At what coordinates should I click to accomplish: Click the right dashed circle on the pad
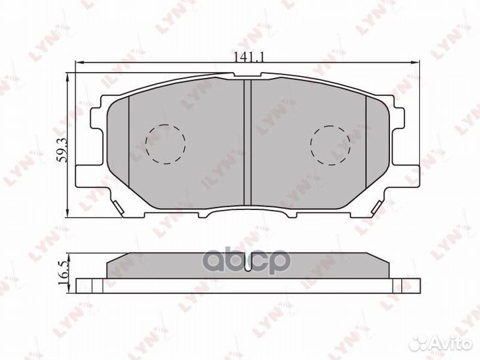(x=331, y=145)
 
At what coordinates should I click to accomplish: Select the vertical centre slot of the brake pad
(x=245, y=141)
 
